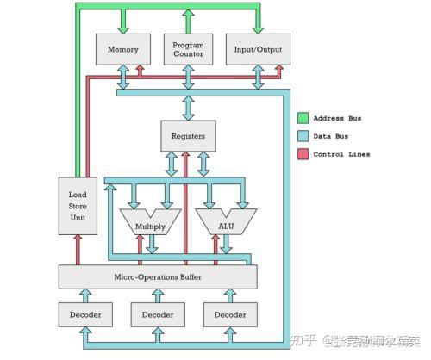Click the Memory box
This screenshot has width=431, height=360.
pyautogui.click(x=122, y=49)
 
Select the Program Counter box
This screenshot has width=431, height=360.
pyautogui.click(x=188, y=49)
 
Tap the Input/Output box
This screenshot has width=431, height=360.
pyautogui.click(x=257, y=49)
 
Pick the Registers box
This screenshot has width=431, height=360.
pyautogui.click(x=188, y=136)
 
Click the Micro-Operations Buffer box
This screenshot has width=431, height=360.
pyautogui.click(x=158, y=276)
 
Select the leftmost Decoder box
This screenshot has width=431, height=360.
pyautogui.click(x=84, y=315)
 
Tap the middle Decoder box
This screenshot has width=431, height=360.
pyautogui.click(x=158, y=315)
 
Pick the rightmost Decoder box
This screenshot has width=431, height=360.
pyautogui.click(x=230, y=315)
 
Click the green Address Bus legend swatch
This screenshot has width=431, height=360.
pyautogui.click(x=303, y=118)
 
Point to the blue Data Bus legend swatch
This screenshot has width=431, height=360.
pyautogui.click(x=303, y=136)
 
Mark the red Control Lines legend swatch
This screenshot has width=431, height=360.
pyautogui.click(x=303, y=154)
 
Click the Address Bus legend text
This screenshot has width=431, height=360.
pyautogui.click(x=343, y=118)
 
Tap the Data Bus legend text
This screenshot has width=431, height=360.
pyautogui.click(x=335, y=136)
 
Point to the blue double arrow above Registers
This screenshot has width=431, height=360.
pyautogui.click(x=188, y=107)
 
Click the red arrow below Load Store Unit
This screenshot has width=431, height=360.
pyautogui.click(x=78, y=249)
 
